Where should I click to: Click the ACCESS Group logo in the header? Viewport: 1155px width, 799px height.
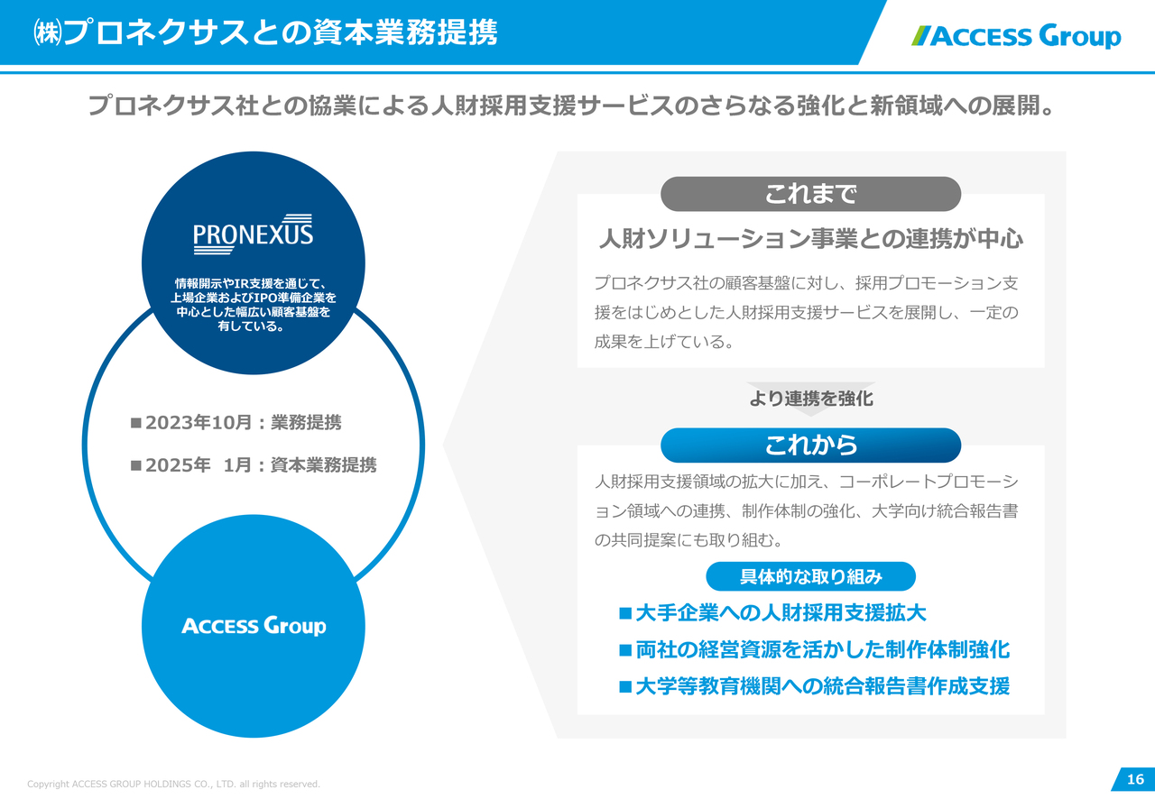pyautogui.click(x=1016, y=36)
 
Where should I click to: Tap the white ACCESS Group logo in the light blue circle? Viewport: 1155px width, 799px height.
pyautogui.click(x=254, y=626)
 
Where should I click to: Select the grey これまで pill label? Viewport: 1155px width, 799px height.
pyautogui.click(x=810, y=194)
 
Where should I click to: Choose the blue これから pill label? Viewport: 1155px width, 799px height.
pyautogui.click(x=810, y=445)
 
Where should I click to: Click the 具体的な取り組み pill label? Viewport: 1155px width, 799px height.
pyautogui.click(x=810, y=576)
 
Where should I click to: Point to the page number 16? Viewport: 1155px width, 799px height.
pyautogui.click(x=1134, y=779)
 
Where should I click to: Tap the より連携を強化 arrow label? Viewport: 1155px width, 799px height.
pyautogui.click(x=810, y=398)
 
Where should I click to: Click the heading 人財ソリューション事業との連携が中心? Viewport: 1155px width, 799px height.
pyautogui.click(x=810, y=240)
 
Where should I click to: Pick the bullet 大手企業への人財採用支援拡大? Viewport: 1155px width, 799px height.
pyautogui.click(x=781, y=613)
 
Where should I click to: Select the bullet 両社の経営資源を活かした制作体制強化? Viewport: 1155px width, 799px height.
pyautogui.click(x=822, y=649)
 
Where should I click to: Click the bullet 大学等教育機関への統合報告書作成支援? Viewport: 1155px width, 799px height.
pyautogui.click(x=822, y=686)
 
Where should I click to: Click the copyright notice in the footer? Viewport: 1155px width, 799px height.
pyautogui.click(x=173, y=784)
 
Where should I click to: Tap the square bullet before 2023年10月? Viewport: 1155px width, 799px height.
pyautogui.click(x=136, y=423)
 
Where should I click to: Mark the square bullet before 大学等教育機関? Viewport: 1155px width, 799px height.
pyautogui.click(x=624, y=686)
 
